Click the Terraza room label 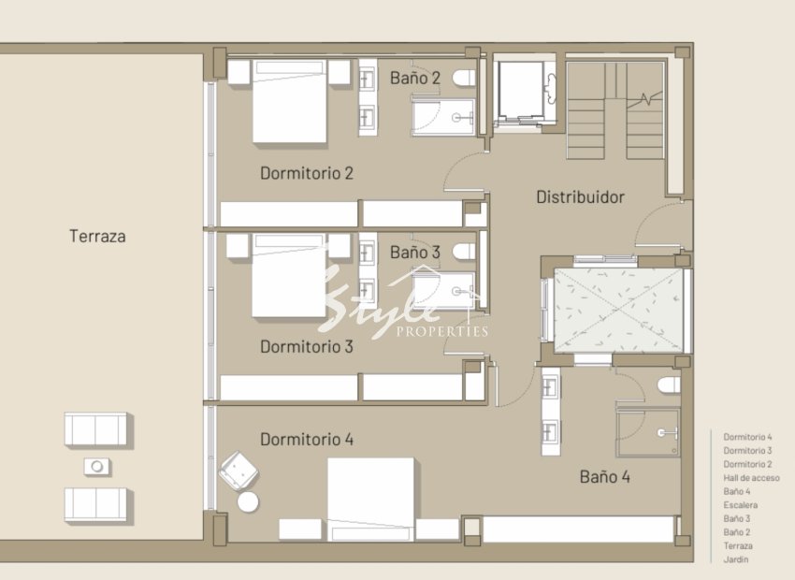(97, 237)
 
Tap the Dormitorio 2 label (306, 173)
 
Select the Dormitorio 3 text (306, 347)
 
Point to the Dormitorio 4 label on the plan (306, 440)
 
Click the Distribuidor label (580, 197)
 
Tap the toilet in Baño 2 (464, 78)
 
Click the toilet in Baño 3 (464, 252)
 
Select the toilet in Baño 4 (669, 384)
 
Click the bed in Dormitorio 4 (370, 499)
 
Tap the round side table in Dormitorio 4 (248, 502)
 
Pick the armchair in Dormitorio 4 (238, 471)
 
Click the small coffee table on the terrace (96, 467)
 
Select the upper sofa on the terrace (95, 429)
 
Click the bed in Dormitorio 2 (290, 101)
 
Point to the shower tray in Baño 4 (648, 432)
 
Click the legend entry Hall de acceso (751, 478)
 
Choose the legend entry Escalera (740, 505)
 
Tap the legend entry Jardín (736, 559)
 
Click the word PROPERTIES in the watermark (441, 332)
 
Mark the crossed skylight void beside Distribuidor (618, 311)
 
